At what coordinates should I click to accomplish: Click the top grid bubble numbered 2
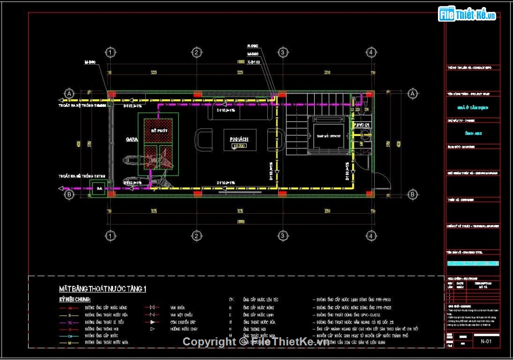tap(197, 52)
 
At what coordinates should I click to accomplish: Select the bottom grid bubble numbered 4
tap(371, 236)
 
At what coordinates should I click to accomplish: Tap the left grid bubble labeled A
tap(69, 94)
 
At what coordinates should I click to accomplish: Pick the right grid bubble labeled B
tap(412, 194)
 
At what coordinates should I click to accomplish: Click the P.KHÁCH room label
tap(239, 139)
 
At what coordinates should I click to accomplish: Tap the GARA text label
tap(131, 139)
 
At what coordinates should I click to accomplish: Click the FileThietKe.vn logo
tap(467, 15)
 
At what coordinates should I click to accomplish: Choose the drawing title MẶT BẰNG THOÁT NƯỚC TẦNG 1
tap(103, 289)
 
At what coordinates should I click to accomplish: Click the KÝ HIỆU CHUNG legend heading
tap(75, 299)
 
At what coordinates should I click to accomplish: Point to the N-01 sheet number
tap(485, 341)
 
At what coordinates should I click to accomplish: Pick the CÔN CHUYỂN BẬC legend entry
tap(181, 322)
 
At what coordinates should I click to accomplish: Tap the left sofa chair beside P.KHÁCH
tap(204, 139)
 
